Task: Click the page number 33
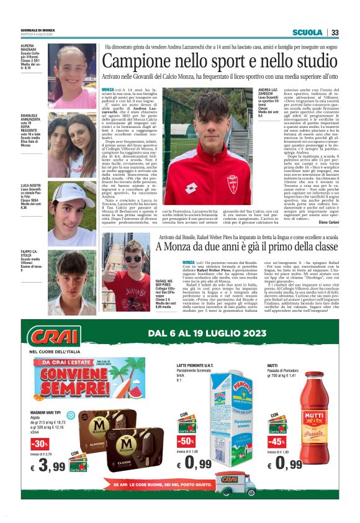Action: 335,33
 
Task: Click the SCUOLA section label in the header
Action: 307,33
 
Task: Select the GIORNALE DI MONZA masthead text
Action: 37,30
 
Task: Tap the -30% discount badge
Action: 39,443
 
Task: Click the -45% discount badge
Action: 277,441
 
